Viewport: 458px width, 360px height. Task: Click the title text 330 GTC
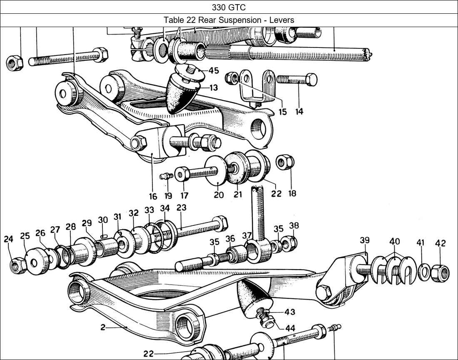click(229, 7)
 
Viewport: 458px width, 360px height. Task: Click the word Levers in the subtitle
click(281, 20)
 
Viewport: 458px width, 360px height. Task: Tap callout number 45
click(214, 70)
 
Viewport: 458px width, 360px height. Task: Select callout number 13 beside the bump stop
click(213, 88)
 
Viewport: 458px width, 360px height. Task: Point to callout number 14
click(299, 112)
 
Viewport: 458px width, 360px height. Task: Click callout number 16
click(153, 196)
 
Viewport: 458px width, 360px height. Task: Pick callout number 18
click(292, 193)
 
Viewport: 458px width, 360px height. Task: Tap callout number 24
click(9, 239)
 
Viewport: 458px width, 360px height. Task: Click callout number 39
click(365, 240)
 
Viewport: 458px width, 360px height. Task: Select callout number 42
click(441, 243)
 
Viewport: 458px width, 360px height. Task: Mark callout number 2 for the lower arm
click(103, 327)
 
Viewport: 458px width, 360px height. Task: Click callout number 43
click(290, 312)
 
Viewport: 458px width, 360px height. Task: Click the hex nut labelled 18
click(286, 162)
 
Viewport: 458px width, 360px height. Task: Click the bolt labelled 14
click(296, 79)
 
